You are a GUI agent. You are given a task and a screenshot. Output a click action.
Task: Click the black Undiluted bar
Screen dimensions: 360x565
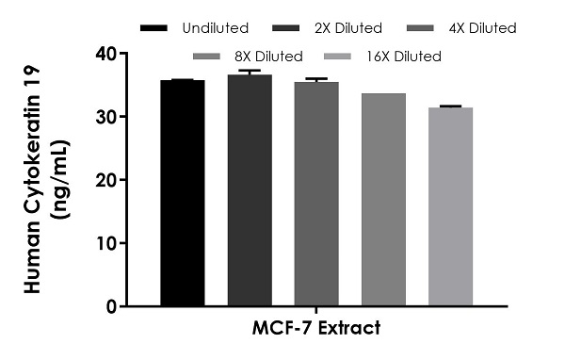tap(182, 193)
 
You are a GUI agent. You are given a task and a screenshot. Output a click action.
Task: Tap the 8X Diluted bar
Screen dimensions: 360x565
tap(382, 200)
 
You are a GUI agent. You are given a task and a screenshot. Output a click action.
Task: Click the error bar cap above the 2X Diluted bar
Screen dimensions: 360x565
tap(249, 71)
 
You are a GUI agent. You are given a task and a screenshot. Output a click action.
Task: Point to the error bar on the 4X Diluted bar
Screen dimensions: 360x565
tap(315, 80)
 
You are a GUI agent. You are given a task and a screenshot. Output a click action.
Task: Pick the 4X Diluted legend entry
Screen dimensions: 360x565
tap(461, 28)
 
